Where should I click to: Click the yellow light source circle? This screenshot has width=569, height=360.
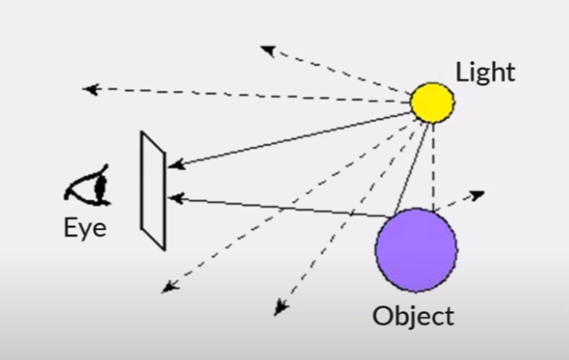[432, 102]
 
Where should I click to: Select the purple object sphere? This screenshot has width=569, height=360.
[415, 250]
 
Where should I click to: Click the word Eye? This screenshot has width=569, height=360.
[84, 230]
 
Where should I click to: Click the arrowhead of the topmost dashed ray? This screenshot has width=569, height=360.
[266, 49]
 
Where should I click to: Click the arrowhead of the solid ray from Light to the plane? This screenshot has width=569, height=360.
[173, 164]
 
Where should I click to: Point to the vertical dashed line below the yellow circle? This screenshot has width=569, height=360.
[433, 165]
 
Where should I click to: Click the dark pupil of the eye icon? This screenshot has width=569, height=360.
[98, 185]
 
